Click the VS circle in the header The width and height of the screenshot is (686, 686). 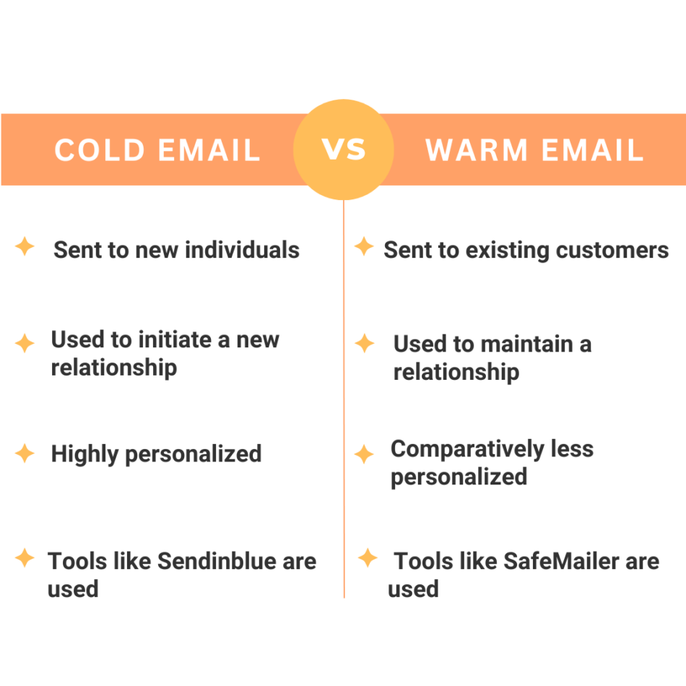pyautogui.click(x=344, y=149)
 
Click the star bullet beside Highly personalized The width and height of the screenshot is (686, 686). pyautogui.click(x=25, y=453)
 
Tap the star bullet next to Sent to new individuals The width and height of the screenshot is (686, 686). pyautogui.click(x=25, y=247)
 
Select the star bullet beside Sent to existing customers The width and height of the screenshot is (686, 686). pyautogui.click(x=364, y=247)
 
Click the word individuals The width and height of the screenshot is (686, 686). pyautogui.click(x=242, y=250)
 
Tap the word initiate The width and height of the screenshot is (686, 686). pyautogui.click(x=174, y=339)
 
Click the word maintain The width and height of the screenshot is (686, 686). pyautogui.click(x=525, y=344)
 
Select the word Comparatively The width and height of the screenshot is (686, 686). pyautogui.click(x=461, y=449)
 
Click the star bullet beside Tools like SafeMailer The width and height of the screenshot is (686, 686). pyautogui.click(x=368, y=557)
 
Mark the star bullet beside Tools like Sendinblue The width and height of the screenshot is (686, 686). pyautogui.click(x=25, y=557)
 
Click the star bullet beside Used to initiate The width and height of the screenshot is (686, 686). pyautogui.click(x=25, y=342)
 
